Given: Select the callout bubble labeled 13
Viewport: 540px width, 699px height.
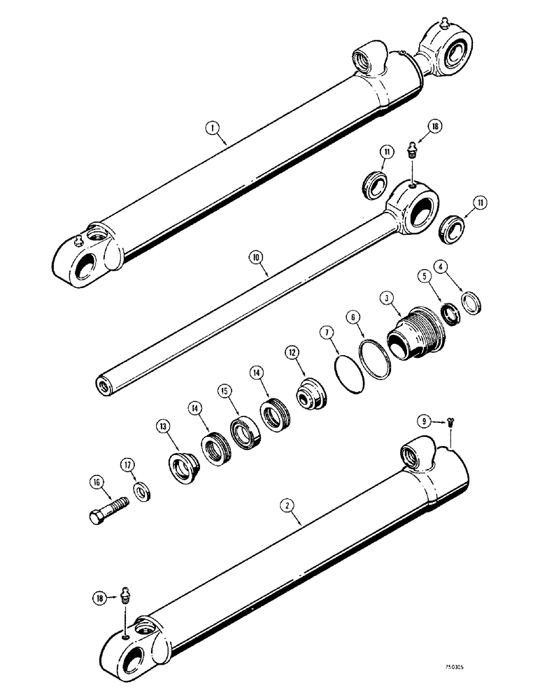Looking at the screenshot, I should pos(163,425).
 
